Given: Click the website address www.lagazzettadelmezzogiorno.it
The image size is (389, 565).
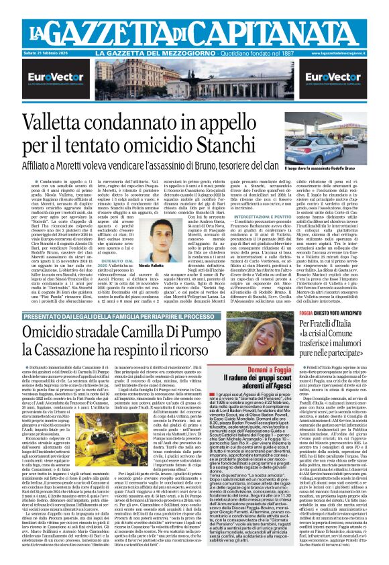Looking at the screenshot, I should [353, 52].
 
